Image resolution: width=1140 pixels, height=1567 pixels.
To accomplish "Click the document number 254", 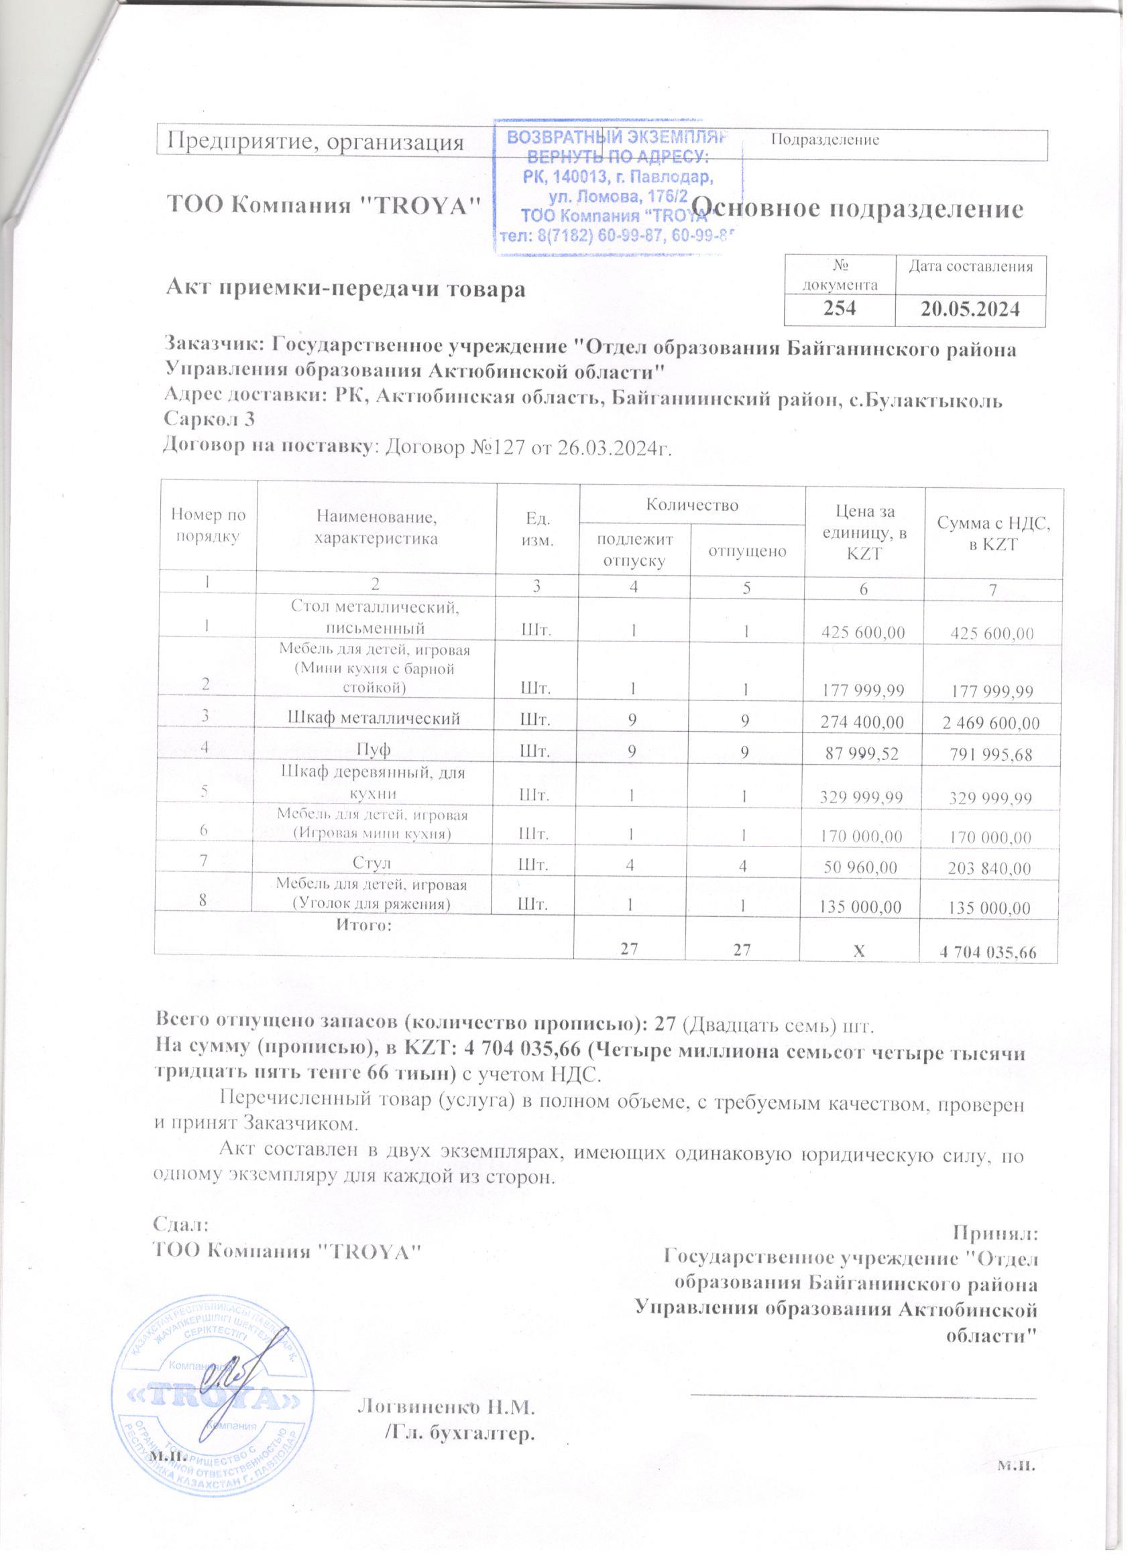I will click(x=839, y=308).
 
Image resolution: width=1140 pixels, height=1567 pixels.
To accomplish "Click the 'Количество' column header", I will click(x=692, y=505).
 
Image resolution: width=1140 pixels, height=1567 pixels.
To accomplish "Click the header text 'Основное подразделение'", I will click(x=857, y=208).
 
